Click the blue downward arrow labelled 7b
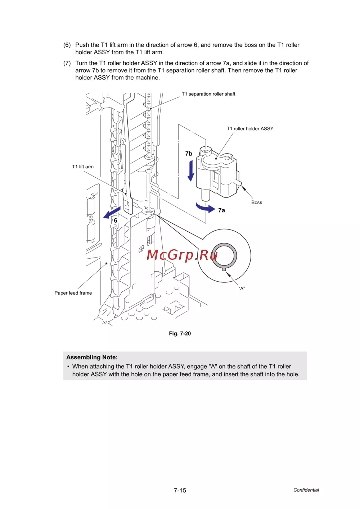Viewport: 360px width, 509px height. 191,171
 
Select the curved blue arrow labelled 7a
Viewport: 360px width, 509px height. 205,208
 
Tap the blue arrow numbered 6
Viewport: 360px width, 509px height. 112,213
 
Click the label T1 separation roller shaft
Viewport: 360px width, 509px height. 208,94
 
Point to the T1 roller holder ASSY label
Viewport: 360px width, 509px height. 250,128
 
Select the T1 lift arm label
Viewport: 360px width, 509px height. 83,167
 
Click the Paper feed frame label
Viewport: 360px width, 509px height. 73,293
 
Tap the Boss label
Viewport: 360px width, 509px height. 257,203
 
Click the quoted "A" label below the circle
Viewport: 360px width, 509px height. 242,288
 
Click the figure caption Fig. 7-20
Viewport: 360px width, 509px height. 180,333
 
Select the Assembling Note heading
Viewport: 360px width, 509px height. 92,357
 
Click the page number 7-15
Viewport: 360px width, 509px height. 180,490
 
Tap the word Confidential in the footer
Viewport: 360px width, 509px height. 306,490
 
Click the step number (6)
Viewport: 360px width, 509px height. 67,45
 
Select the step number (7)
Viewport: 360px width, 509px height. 67,63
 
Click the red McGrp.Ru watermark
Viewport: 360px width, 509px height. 182,255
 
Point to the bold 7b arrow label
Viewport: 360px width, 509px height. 189,154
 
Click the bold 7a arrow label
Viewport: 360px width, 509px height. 221,210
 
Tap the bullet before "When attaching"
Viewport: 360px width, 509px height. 68,367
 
